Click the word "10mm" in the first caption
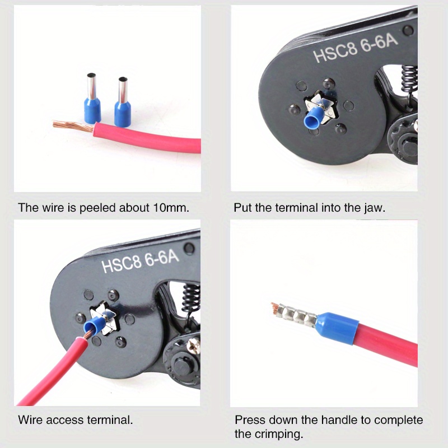tap(170, 208)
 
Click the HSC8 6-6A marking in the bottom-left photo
tap(140, 260)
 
